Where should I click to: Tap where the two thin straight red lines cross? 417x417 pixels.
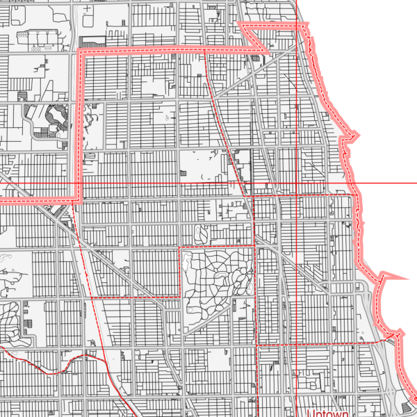click(x=297, y=183)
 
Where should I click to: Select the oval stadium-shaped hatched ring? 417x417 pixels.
click(x=53, y=115)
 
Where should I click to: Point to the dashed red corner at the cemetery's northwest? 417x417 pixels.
click(x=181, y=247)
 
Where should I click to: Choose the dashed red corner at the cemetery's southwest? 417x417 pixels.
click(x=181, y=297)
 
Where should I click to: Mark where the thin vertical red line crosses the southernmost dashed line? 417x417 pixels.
click(x=297, y=344)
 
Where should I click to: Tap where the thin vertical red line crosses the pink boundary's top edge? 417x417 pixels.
click(x=297, y=25)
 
